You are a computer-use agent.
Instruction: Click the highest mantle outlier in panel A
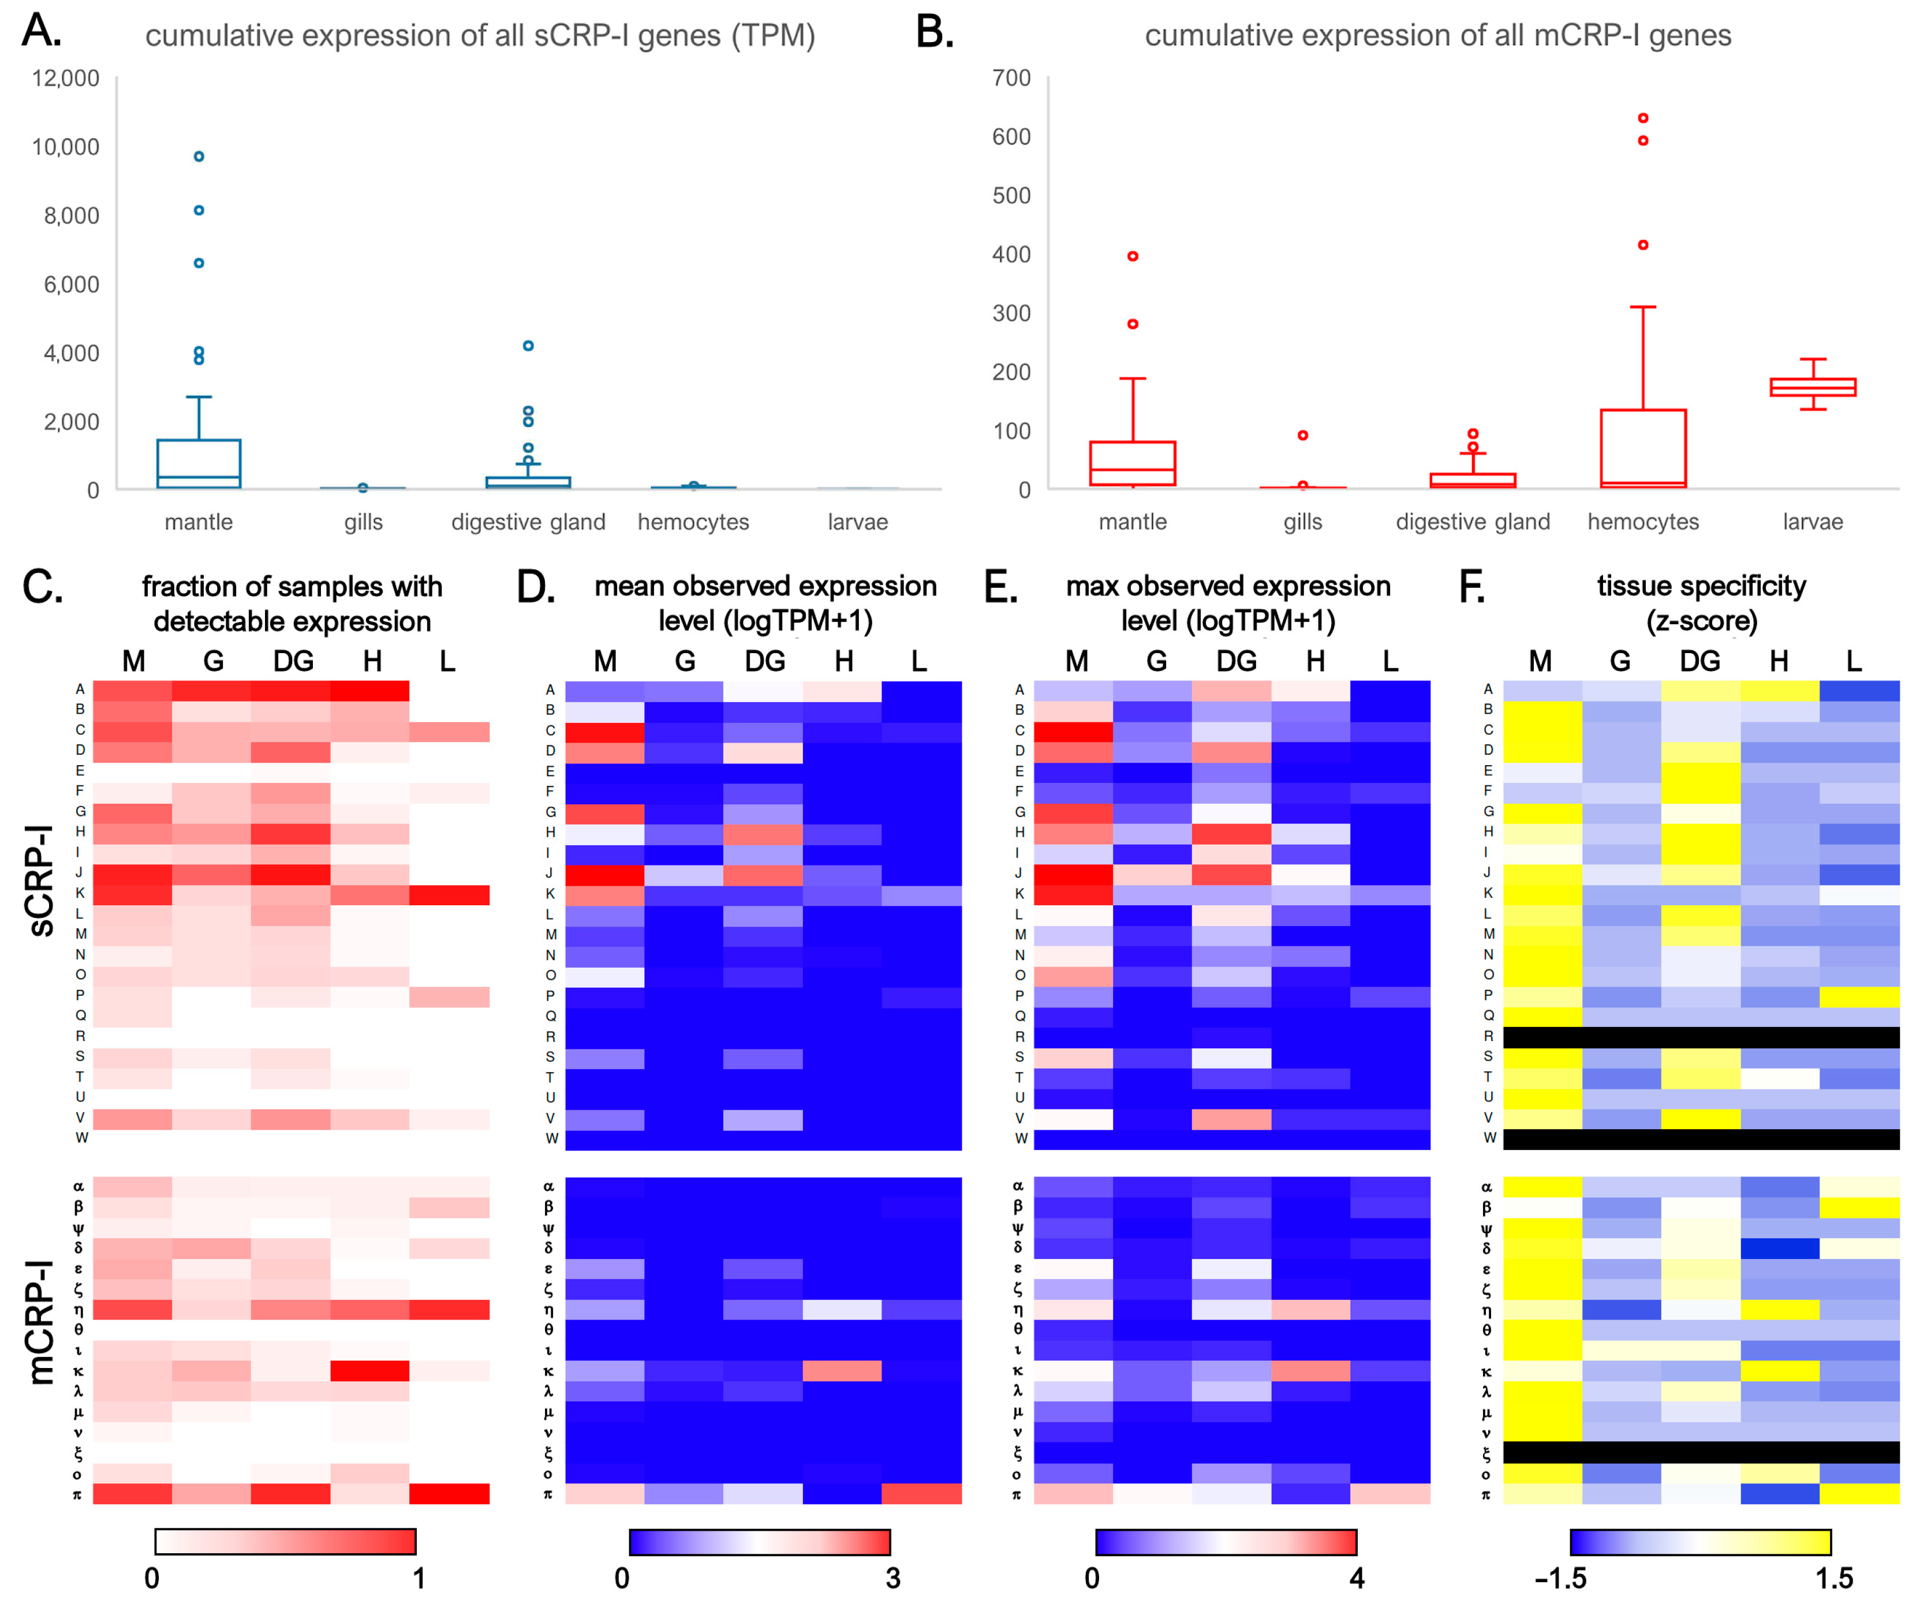tap(199, 156)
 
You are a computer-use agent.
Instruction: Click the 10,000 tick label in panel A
tap(66, 147)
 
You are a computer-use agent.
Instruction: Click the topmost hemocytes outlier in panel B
tap(1642, 118)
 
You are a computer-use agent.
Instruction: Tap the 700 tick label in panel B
tap(1011, 78)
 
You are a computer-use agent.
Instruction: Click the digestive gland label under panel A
tap(528, 522)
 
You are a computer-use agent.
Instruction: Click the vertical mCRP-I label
tap(41, 1322)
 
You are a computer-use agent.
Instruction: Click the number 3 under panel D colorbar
tap(892, 1579)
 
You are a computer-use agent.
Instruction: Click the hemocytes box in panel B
tap(1642, 448)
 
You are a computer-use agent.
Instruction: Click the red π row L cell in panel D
tap(921, 1493)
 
